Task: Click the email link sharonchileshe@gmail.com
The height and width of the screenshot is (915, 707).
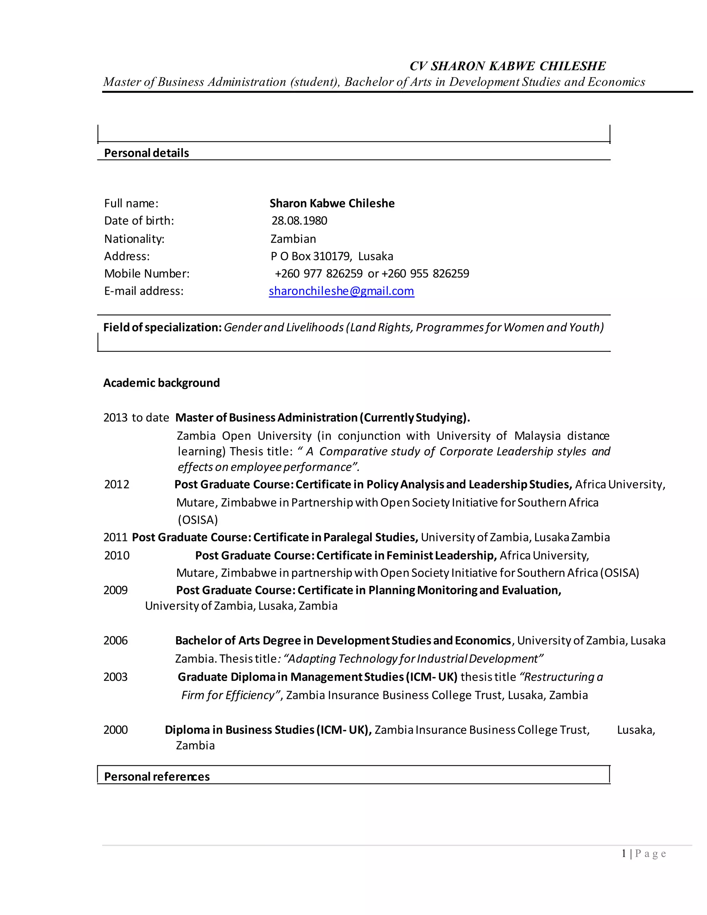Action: point(341,291)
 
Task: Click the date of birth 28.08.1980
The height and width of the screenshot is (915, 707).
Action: point(299,221)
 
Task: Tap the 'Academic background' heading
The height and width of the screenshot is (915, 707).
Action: point(161,383)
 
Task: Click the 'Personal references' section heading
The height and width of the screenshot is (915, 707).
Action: point(157,777)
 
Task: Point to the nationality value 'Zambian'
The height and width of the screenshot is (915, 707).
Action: point(293,239)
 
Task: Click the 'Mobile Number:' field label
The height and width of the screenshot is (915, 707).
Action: point(147,273)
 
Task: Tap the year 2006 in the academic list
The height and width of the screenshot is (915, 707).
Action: point(116,640)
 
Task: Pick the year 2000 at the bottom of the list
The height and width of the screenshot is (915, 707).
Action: point(116,730)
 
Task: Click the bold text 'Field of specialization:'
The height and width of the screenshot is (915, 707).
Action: point(163,327)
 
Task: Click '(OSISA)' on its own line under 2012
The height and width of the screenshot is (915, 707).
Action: point(198,520)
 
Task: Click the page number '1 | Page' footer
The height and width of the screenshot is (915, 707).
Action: point(644,854)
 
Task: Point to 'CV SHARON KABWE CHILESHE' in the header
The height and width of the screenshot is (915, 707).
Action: point(507,66)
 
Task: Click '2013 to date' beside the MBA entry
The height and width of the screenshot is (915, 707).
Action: point(136,418)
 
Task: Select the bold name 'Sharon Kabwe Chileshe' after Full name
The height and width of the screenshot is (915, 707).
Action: point(332,204)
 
